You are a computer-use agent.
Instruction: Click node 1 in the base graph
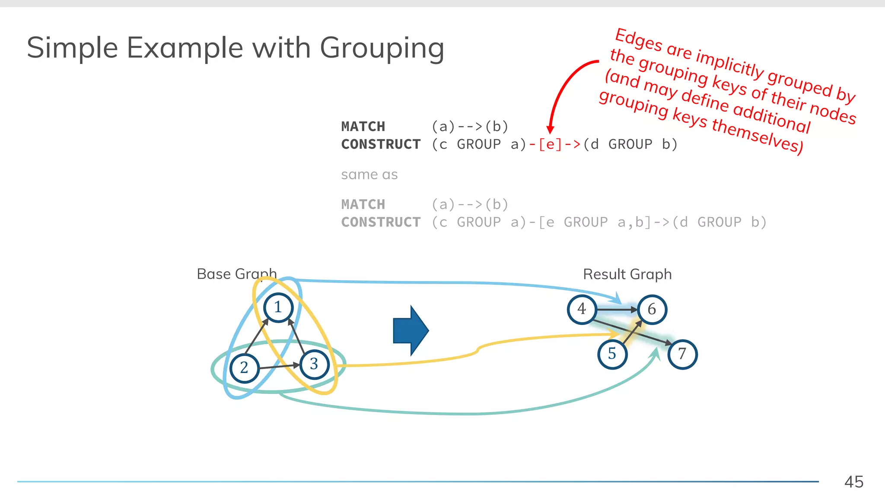pyautogui.click(x=278, y=307)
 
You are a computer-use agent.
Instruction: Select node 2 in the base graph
pyautogui.click(x=244, y=368)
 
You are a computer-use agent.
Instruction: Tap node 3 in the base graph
pyautogui.click(x=314, y=364)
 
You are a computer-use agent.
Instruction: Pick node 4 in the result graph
pyautogui.click(x=582, y=309)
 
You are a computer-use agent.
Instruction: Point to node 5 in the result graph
pyautogui.click(x=612, y=354)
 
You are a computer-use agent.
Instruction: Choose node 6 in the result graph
pyautogui.click(x=652, y=310)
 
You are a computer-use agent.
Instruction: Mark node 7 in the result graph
pyautogui.click(x=682, y=354)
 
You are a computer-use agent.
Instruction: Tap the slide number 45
pyautogui.click(x=854, y=482)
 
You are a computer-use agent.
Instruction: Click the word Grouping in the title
pyautogui.click(x=382, y=48)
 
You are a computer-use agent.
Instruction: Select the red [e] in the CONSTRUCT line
pyautogui.click(x=550, y=144)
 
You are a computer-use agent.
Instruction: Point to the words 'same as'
pyautogui.click(x=369, y=175)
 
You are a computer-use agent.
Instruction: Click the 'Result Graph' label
pyautogui.click(x=627, y=274)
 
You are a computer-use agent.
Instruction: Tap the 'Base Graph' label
pyautogui.click(x=236, y=274)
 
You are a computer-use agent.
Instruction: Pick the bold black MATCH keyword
pyautogui.click(x=363, y=126)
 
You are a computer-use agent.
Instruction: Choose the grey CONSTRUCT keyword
pyautogui.click(x=381, y=222)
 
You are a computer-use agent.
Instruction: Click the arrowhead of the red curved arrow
pyautogui.click(x=550, y=130)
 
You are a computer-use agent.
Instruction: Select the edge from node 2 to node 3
pyautogui.click(x=279, y=367)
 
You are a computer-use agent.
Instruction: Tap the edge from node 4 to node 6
pyautogui.click(x=617, y=310)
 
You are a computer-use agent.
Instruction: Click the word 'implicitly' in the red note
pyautogui.click(x=730, y=65)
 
